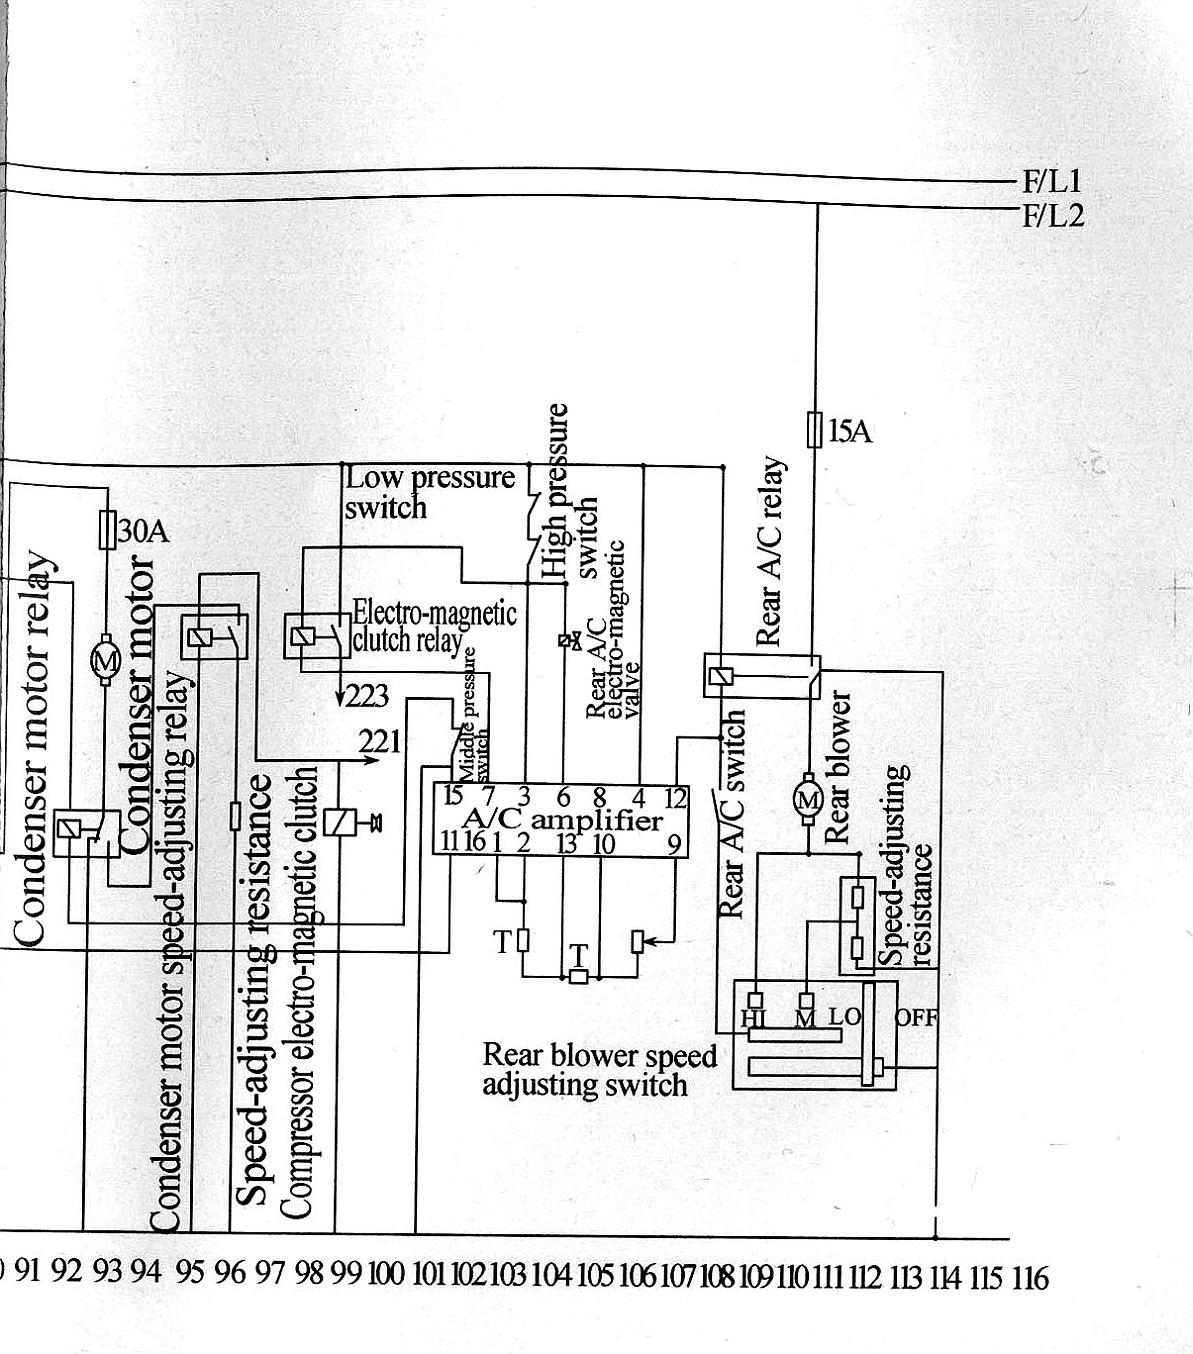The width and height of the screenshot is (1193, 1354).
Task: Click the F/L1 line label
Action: [x=1052, y=182]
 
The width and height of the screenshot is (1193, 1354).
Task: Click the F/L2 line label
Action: [x=1053, y=216]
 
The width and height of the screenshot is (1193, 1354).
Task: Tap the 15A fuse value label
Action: [x=850, y=432]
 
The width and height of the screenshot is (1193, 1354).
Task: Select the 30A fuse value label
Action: [x=143, y=531]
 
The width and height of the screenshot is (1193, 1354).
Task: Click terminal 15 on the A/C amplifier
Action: [x=452, y=795]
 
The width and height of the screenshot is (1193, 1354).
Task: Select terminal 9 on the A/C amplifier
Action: [x=675, y=845]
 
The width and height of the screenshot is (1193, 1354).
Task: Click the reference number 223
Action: [x=366, y=696]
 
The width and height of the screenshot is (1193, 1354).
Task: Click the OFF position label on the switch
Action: [x=916, y=1018]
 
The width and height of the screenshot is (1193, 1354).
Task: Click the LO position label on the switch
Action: [x=845, y=1017]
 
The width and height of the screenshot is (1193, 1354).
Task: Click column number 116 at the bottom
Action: [x=1030, y=1277]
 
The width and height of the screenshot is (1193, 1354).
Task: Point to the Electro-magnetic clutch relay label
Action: [x=434, y=626]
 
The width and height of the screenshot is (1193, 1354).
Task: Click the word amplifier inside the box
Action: [x=597, y=821]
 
